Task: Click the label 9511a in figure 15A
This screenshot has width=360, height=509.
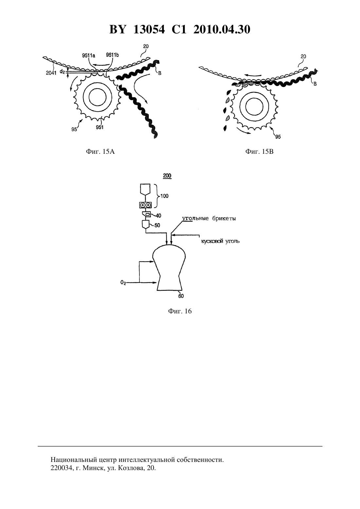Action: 89,55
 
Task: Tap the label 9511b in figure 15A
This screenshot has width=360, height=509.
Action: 113,55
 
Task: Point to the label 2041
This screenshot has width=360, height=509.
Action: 51,73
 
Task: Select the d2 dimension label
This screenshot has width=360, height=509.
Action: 62,72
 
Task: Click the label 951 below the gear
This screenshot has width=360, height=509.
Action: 99,127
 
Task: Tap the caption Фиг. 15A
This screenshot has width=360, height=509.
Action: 100,151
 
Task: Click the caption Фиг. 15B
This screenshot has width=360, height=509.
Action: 259,151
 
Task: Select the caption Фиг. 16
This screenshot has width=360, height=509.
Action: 180,311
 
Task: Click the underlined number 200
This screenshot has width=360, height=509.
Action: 167,176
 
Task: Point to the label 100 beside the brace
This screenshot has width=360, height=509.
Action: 164,196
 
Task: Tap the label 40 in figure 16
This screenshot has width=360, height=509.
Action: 158,216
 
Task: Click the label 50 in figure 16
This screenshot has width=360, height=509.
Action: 157,225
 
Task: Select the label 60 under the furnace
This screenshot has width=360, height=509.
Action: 181,296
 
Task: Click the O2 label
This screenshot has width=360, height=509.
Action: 123,283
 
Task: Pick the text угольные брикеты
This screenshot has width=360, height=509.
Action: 209,219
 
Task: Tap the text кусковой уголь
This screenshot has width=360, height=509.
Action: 220,241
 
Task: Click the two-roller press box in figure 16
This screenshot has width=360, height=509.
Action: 145,205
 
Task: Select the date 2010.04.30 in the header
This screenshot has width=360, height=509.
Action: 222,29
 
